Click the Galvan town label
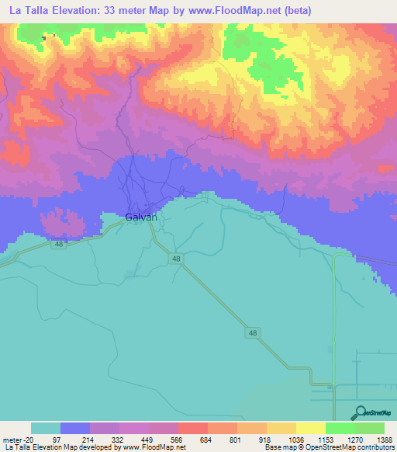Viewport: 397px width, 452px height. pos(141,217)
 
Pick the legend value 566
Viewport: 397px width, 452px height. pos(178,440)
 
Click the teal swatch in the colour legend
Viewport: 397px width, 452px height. pos(46,428)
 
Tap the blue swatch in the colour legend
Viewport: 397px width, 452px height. pos(75,428)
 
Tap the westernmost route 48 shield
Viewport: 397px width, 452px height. pos(58,244)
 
